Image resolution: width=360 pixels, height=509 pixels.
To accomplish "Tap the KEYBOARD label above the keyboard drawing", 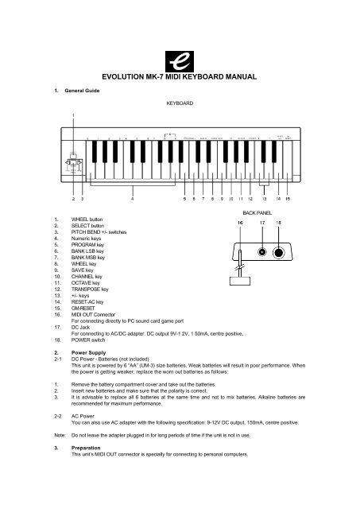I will coord(180,103).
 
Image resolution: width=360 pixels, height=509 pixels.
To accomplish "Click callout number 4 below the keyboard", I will coord(132,200).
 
